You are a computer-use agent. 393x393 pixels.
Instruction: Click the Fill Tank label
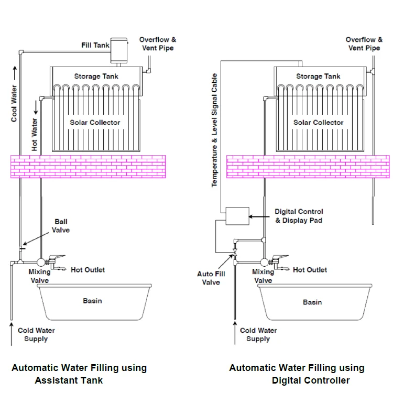[95, 45]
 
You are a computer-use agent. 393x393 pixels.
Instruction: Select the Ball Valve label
[62, 226]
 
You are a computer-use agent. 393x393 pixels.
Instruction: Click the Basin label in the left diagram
[92, 301]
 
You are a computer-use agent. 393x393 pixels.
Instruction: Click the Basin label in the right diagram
[313, 302]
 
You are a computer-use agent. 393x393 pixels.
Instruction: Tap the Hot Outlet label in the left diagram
[88, 270]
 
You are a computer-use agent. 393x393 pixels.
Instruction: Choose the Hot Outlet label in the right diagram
[310, 270]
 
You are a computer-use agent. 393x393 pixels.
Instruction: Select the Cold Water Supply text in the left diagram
[36, 335]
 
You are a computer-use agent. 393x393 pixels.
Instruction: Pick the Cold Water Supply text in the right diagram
[258, 335]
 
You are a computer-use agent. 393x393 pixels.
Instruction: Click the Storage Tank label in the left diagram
[96, 77]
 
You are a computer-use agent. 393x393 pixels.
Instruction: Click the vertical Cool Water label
[14, 103]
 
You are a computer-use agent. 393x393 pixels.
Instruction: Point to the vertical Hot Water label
[35, 135]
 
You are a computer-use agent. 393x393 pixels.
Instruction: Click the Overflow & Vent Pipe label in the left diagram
[158, 44]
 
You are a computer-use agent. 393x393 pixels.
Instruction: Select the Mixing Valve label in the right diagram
[263, 276]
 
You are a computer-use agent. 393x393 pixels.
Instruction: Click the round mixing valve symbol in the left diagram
[41, 261]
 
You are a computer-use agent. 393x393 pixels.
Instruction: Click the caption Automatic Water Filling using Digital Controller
[297, 374]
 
